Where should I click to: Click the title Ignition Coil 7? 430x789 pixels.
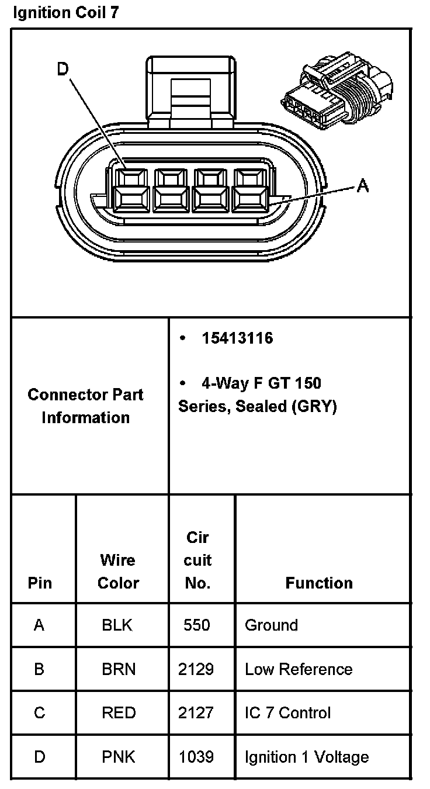(65, 13)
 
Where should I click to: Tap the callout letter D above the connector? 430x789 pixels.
(63, 70)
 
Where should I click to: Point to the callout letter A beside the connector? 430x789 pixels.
(363, 186)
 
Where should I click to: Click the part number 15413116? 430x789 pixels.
(237, 338)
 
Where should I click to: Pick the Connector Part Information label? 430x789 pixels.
(86, 406)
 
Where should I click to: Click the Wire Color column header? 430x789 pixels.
(118, 572)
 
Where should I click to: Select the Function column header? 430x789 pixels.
(319, 583)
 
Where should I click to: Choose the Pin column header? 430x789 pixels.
(40, 583)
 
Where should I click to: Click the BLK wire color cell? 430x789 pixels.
(117, 625)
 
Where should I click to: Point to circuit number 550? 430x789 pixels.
(196, 625)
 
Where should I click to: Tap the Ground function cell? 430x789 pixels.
(271, 625)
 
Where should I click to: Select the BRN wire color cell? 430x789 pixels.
(119, 669)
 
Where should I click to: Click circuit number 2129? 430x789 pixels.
(196, 669)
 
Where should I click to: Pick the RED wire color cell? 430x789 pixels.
(119, 713)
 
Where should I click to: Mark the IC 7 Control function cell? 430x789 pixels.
(287, 713)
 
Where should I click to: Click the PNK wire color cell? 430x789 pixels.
(119, 757)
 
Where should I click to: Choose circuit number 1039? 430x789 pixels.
(196, 757)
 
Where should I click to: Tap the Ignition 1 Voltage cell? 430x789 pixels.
(307, 757)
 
